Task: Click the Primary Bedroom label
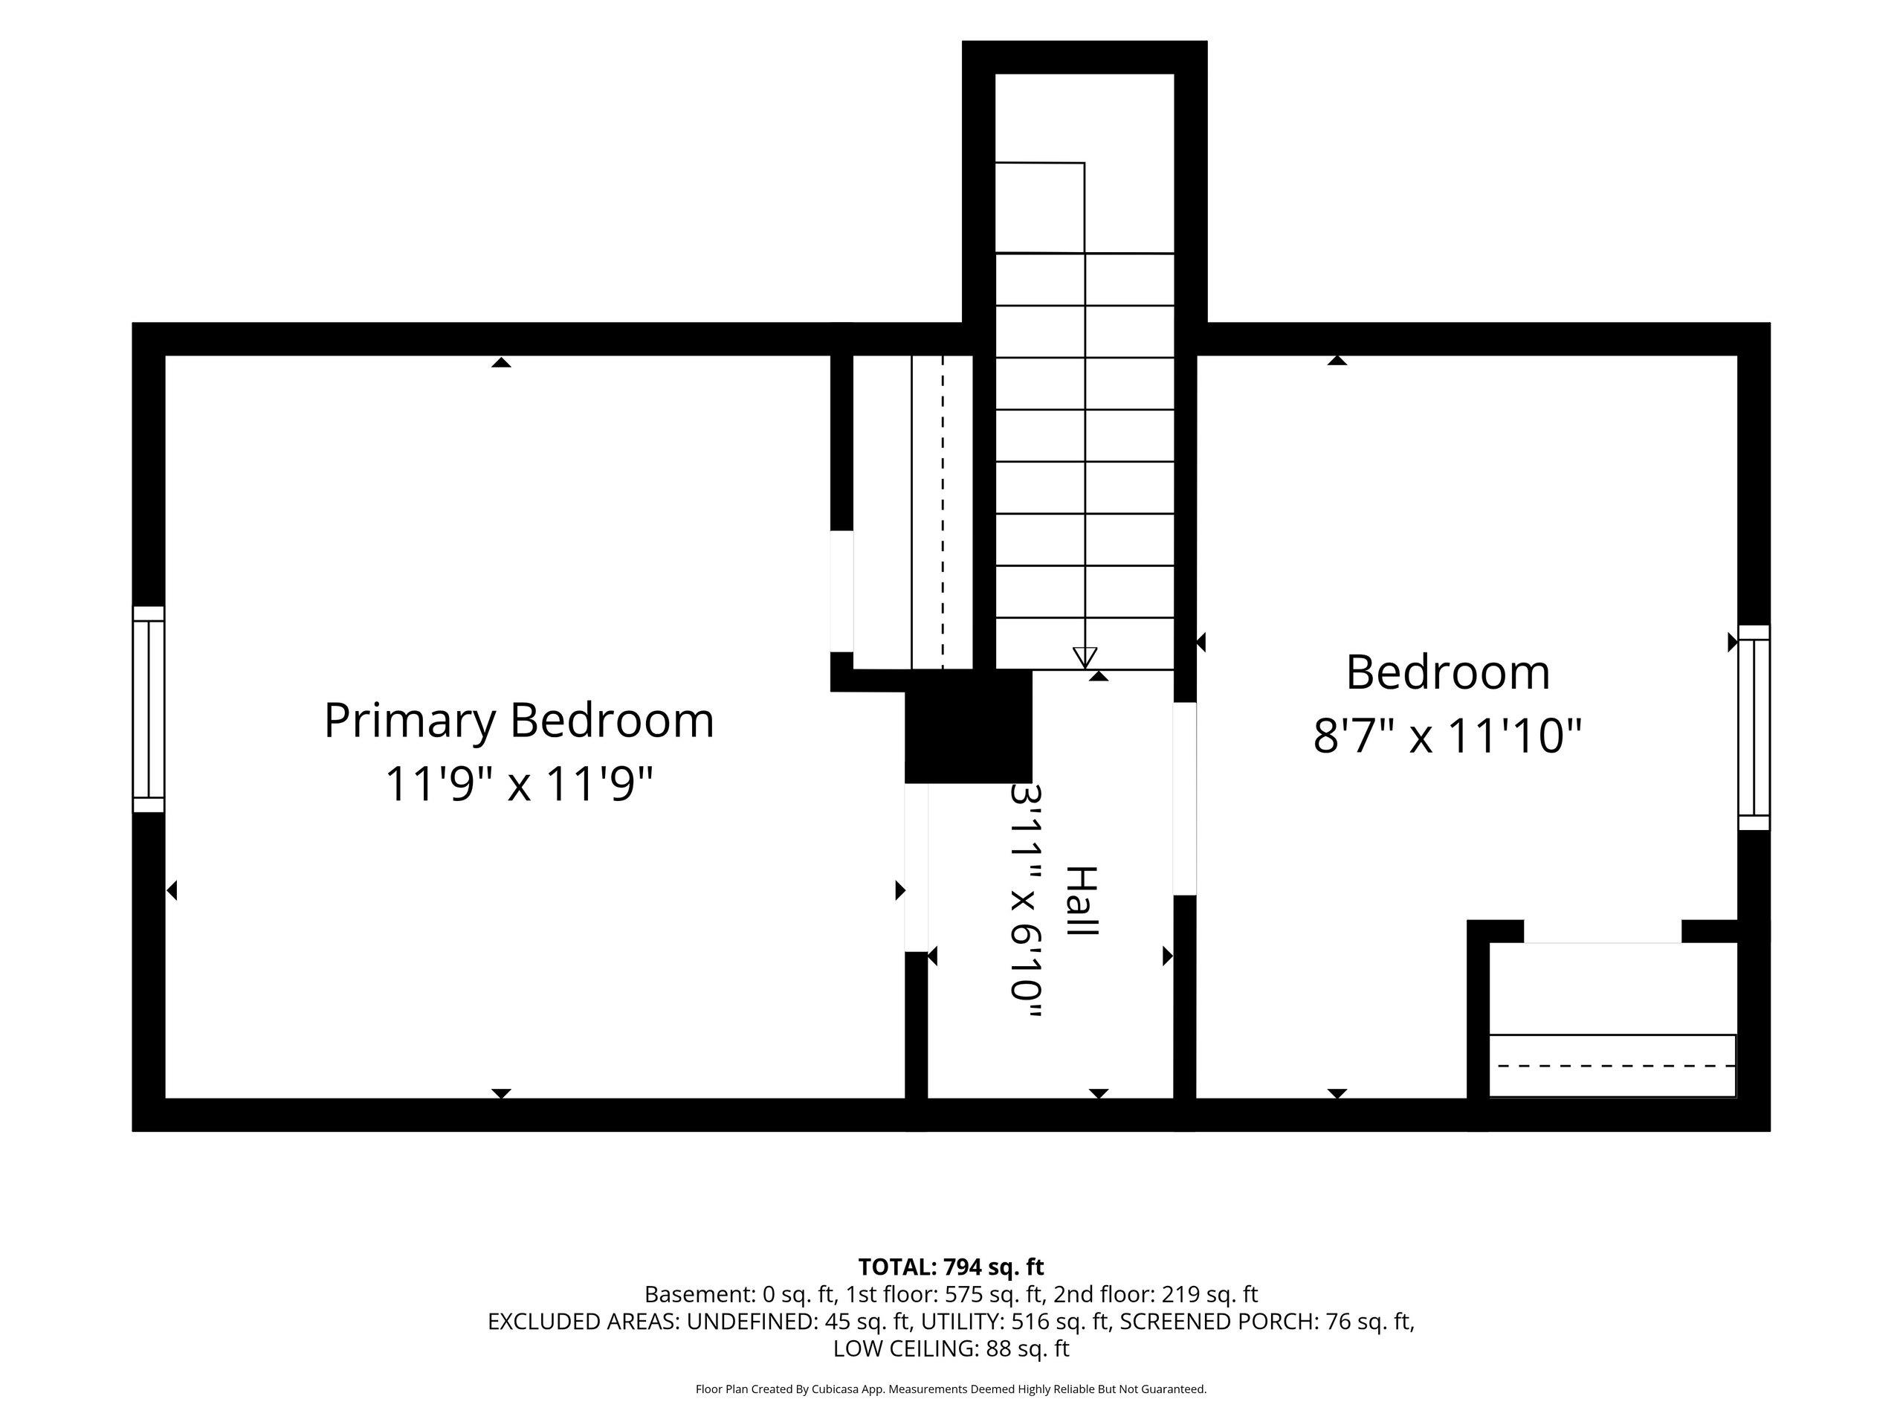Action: pos(519,721)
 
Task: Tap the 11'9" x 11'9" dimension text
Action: pos(519,784)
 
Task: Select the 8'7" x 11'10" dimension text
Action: pos(1448,736)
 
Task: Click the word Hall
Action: pos(1083,901)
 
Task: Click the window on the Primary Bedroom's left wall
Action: pos(148,710)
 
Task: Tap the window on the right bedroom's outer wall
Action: pos(1754,727)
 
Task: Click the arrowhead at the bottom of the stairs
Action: pos(1085,657)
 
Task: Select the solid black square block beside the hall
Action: pos(969,727)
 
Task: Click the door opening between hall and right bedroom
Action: pos(1185,799)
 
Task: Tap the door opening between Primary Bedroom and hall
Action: pos(917,868)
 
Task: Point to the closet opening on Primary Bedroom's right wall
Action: pos(841,591)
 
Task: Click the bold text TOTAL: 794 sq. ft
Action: pos(951,1267)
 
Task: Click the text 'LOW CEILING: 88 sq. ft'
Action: pos(951,1349)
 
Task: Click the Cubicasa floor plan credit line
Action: pos(951,1389)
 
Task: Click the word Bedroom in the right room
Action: pos(1448,672)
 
